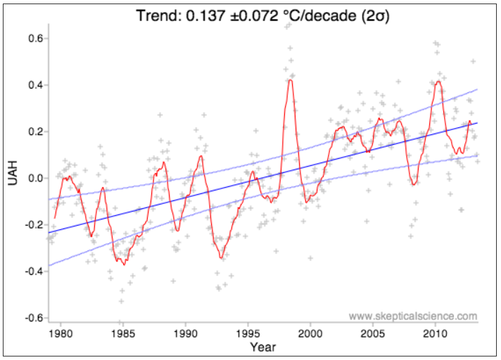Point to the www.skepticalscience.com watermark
tap(413, 316)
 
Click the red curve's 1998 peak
tap(290, 80)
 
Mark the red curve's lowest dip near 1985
tap(124, 264)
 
